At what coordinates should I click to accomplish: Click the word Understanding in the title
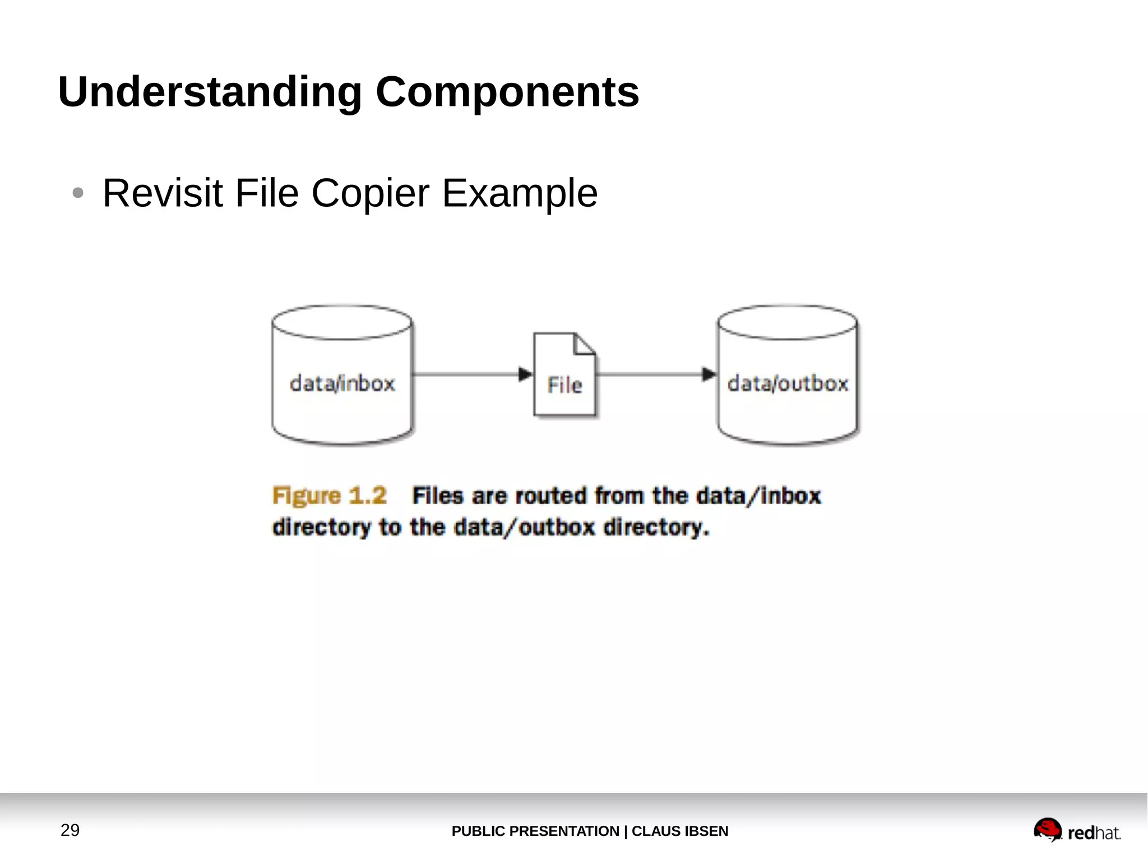click(210, 92)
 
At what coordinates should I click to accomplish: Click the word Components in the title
click(507, 92)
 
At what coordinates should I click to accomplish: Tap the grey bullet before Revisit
click(78, 193)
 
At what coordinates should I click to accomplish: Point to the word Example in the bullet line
click(520, 193)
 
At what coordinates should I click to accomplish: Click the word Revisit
click(163, 193)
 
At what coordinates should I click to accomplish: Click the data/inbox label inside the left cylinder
click(342, 384)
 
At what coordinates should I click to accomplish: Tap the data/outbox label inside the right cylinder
click(788, 384)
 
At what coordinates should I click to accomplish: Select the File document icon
click(564, 375)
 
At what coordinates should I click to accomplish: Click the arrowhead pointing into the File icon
click(525, 374)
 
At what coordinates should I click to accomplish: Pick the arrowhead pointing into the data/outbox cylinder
click(709, 374)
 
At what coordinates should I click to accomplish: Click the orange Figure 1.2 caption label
click(330, 496)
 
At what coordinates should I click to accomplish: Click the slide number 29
click(70, 830)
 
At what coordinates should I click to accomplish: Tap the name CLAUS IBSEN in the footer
click(680, 831)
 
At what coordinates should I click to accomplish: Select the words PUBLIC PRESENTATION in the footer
click(535, 831)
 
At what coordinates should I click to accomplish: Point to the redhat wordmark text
click(1094, 833)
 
